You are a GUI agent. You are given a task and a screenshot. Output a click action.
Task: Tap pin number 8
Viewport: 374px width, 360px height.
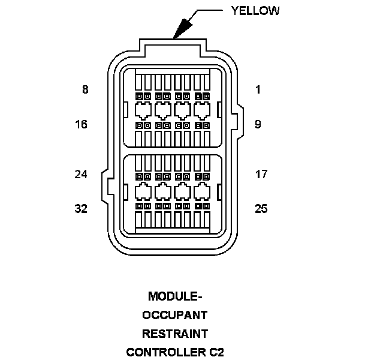[85, 90]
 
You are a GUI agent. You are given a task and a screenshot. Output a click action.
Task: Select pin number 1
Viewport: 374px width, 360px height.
[258, 90]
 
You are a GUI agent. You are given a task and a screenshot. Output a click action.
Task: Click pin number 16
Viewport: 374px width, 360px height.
[82, 124]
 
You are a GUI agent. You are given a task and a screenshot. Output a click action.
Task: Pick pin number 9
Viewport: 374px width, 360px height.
[258, 124]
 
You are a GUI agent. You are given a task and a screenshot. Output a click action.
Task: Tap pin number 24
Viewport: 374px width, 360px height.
[82, 175]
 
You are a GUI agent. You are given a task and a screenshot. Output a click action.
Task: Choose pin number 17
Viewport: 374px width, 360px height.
[261, 175]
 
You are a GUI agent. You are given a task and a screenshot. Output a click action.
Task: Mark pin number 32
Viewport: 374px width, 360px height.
[82, 209]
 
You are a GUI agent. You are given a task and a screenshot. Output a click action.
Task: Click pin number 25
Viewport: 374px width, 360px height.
[261, 209]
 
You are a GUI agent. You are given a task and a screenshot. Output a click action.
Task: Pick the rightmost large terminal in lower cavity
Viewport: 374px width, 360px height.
[201, 191]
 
